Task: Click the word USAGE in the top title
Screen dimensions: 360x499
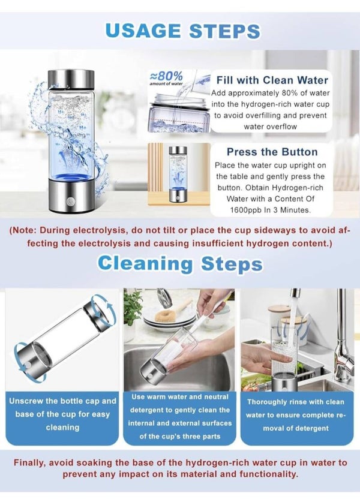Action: coord(143,31)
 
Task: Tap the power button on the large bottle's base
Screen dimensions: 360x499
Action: coord(70,202)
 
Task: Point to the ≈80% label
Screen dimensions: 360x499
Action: coord(166,76)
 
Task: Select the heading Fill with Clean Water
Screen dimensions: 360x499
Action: coord(272,80)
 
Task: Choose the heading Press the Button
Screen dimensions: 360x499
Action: coord(272,152)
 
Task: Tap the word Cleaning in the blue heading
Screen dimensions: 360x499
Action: coord(145,264)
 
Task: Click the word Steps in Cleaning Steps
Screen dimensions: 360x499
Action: coord(232,264)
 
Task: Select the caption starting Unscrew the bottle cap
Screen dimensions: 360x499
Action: coord(62,414)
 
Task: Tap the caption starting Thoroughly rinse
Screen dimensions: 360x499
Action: coord(296,415)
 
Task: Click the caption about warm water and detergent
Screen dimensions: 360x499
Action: coord(180,417)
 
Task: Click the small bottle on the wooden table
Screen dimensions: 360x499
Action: coord(178,174)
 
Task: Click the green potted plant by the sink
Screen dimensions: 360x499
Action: coord(133,309)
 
